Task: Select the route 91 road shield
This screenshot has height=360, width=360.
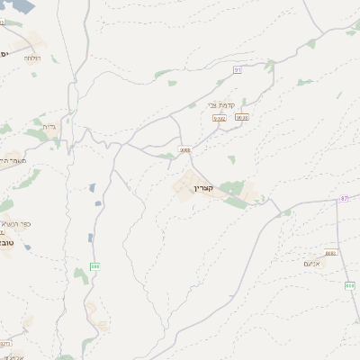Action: [x=238, y=68]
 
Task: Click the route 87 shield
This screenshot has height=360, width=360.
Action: [x=344, y=198]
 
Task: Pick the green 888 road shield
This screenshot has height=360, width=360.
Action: [x=95, y=265]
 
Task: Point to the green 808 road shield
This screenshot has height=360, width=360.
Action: [x=349, y=285]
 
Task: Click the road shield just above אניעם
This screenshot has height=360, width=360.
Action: [x=331, y=253]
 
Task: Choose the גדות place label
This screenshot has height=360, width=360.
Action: [x=49, y=127]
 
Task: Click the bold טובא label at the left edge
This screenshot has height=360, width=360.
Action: [x=5, y=242]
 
